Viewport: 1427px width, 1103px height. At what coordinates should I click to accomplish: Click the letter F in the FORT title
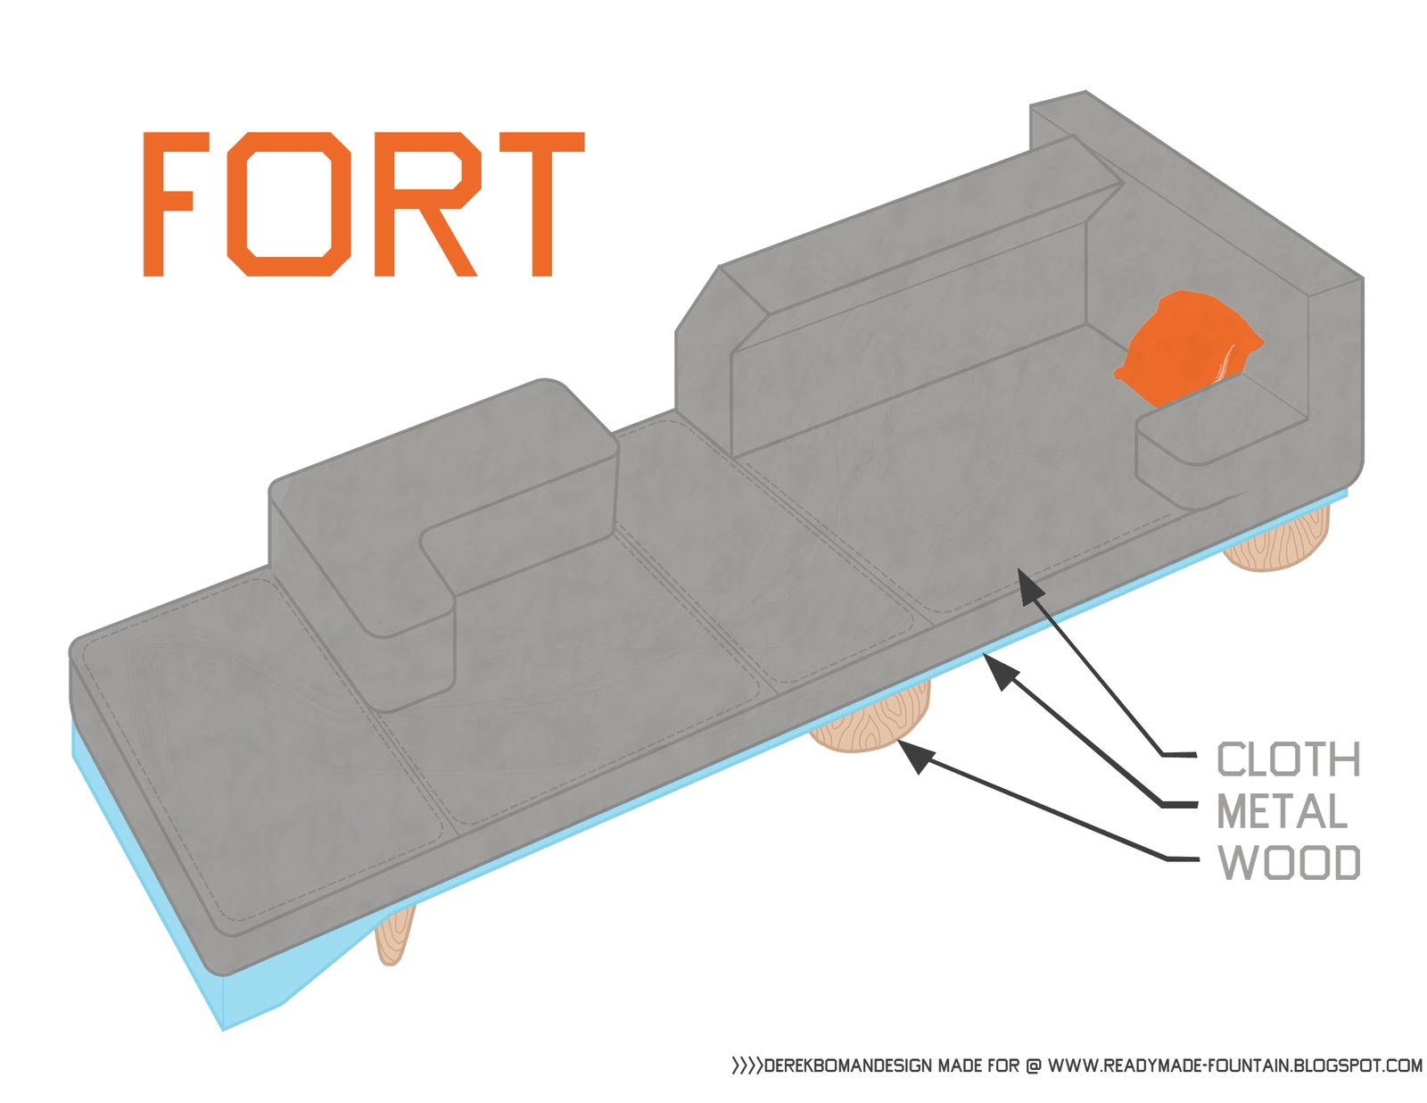pyautogui.click(x=169, y=203)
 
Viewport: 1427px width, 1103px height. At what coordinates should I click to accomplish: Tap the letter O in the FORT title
pyautogui.click(x=287, y=203)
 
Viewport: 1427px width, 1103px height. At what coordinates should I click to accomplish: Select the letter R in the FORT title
pyautogui.click(x=425, y=203)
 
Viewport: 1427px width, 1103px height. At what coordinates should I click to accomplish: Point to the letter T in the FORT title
pyautogui.click(x=541, y=203)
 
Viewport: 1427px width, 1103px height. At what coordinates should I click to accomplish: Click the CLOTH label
pyautogui.click(x=1289, y=759)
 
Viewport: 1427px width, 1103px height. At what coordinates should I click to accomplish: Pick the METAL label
pyautogui.click(x=1282, y=811)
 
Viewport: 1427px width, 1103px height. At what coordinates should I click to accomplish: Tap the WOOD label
pyautogui.click(x=1289, y=863)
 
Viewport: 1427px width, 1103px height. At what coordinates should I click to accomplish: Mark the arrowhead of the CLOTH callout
pyautogui.click(x=1031, y=586)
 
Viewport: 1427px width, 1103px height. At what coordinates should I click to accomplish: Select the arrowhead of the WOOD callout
pyautogui.click(x=916, y=757)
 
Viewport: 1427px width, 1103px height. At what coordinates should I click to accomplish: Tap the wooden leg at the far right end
pyautogui.click(x=1277, y=540)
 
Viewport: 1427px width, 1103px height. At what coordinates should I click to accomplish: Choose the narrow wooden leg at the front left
pyautogui.click(x=395, y=933)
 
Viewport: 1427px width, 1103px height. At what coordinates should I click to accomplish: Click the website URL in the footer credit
pyautogui.click(x=1234, y=1065)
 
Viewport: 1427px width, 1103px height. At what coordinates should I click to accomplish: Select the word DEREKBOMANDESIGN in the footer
pyautogui.click(x=848, y=1065)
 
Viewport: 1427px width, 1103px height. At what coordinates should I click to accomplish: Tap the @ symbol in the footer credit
pyautogui.click(x=1033, y=1065)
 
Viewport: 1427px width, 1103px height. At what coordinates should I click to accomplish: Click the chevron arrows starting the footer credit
pyautogui.click(x=746, y=1065)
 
